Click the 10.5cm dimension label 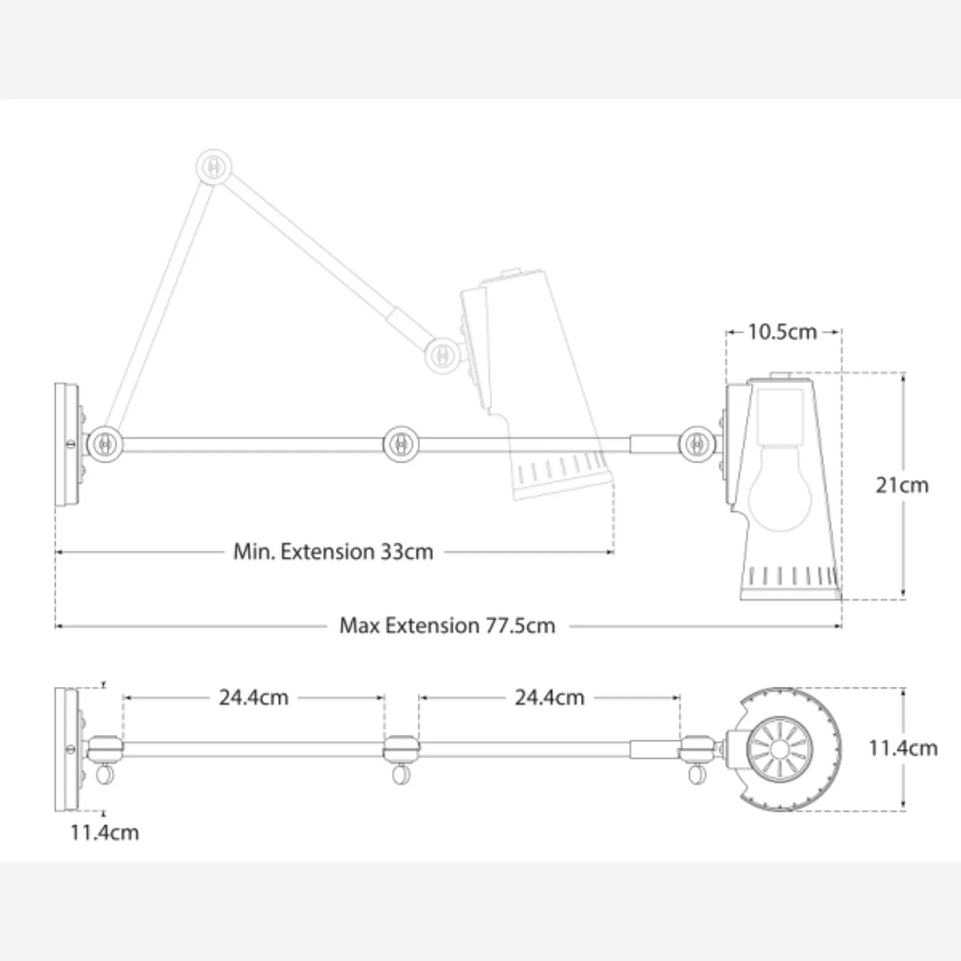(x=782, y=332)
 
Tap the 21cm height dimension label (x=902, y=485)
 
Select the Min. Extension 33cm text (x=333, y=552)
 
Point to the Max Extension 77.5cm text (x=447, y=625)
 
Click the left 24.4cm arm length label (x=254, y=697)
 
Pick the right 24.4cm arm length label (x=550, y=697)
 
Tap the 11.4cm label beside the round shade (x=903, y=748)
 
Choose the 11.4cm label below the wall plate (x=104, y=832)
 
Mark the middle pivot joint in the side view (x=401, y=443)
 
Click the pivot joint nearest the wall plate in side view (x=105, y=443)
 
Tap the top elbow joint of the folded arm (x=213, y=167)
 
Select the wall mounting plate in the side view (x=67, y=445)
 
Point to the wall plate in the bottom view (x=67, y=750)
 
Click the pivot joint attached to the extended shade (x=697, y=443)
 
